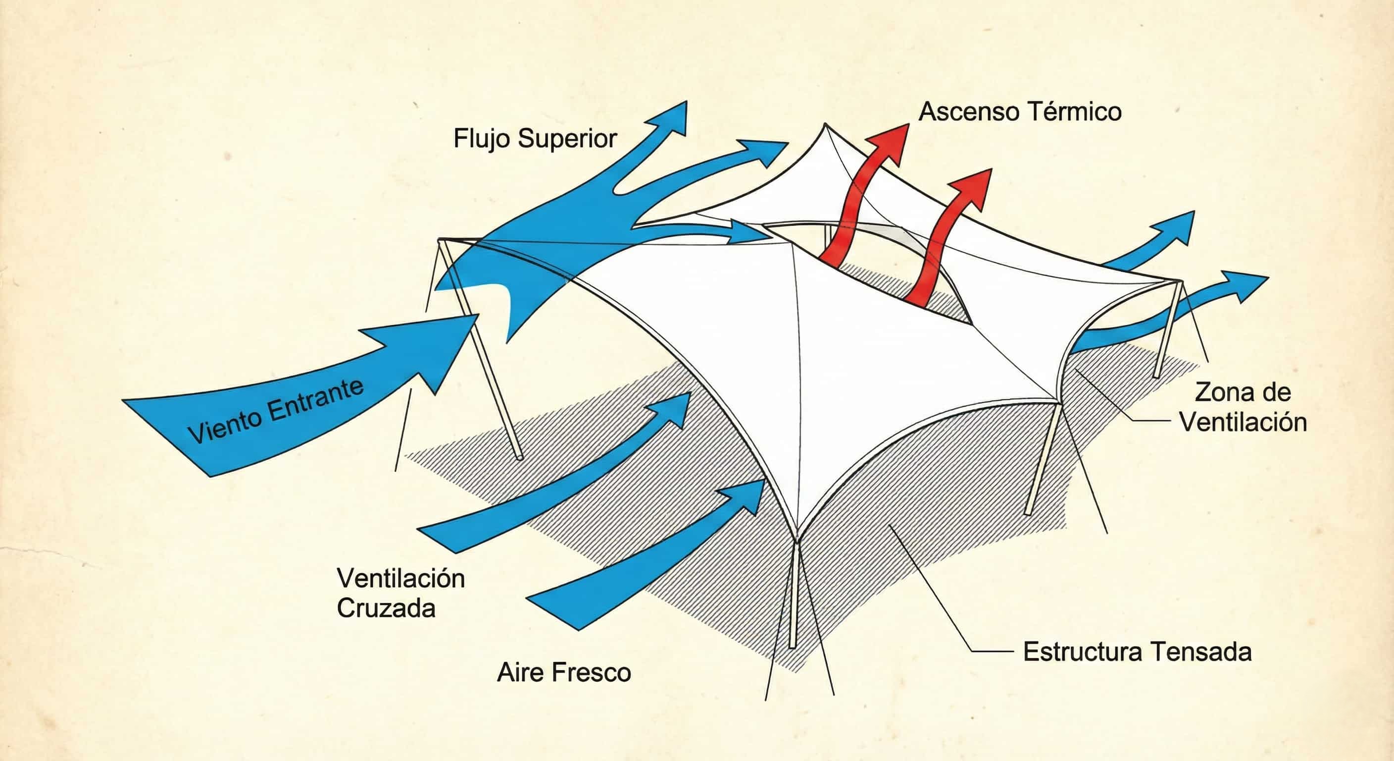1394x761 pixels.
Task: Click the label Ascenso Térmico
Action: coord(1020,112)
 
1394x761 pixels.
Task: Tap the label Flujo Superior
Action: coord(535,139)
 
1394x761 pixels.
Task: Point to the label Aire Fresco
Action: coord(564,673)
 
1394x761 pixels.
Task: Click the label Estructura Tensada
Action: coord(1138,652)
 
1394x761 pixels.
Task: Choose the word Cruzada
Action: coord(386,608)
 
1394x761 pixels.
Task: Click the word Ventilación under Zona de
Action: coord(1243,422)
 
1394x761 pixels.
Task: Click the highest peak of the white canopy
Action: coord(825,124)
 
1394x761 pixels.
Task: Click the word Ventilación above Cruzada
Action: coord(400,579)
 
